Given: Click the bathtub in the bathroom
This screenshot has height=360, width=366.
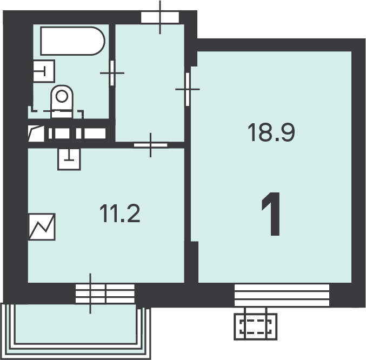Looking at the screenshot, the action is click(72, 41).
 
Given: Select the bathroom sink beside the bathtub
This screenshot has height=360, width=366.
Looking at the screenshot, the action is click(44, 71).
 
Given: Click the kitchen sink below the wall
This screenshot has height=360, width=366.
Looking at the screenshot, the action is click(69, 159).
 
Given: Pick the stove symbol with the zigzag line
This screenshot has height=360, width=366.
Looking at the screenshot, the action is click(42, 226).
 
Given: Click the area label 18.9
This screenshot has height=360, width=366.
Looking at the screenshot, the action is click(271, 132).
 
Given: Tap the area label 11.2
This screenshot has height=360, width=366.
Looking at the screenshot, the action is click(119, 214).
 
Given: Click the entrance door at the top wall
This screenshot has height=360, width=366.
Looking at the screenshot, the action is click(160, 17).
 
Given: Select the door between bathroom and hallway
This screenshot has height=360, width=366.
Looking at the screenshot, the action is click(112, 73).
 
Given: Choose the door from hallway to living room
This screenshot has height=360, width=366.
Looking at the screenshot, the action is click(188, 89).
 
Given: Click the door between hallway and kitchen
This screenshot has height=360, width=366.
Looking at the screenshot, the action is click(150, 145).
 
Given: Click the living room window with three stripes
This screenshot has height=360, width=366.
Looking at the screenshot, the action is click(282, 295).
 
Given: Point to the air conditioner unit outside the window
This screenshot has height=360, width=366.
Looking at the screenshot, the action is click(256, 326).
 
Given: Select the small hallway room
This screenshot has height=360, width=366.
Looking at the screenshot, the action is click(150, 83).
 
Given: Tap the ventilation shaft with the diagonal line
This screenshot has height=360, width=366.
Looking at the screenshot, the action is click(36, 134).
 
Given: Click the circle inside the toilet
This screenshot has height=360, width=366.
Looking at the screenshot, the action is click(62, 96).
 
